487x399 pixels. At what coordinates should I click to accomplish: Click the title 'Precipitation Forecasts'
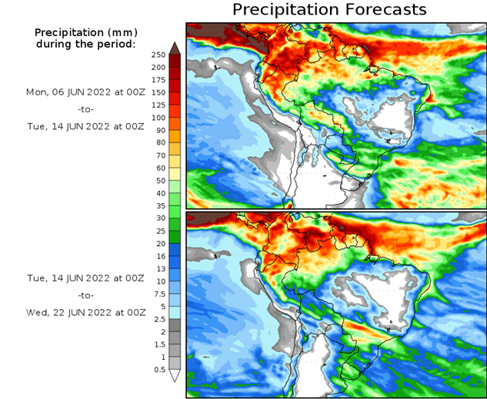(329, 10)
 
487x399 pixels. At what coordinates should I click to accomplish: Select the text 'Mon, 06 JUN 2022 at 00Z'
(85, 91)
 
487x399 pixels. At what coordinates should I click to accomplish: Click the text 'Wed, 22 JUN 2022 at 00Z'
(85, 313)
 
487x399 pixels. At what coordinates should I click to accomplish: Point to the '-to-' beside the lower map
(85, 295)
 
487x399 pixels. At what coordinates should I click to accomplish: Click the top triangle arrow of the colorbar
(175, 48)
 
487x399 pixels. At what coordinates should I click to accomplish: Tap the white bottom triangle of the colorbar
(175, 376)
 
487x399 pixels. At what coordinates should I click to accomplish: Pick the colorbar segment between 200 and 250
(175, 61)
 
